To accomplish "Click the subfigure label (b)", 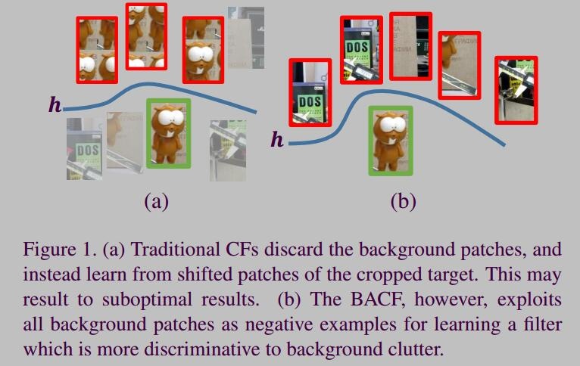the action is point(403,201).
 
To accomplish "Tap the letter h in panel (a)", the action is point(55,104).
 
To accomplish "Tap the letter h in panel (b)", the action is point(278,139).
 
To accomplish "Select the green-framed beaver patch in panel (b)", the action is point(391,141).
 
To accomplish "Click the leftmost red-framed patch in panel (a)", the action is point(97,49).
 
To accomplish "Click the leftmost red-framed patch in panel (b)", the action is point(310,92).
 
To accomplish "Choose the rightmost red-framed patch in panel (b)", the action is point(516,89).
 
